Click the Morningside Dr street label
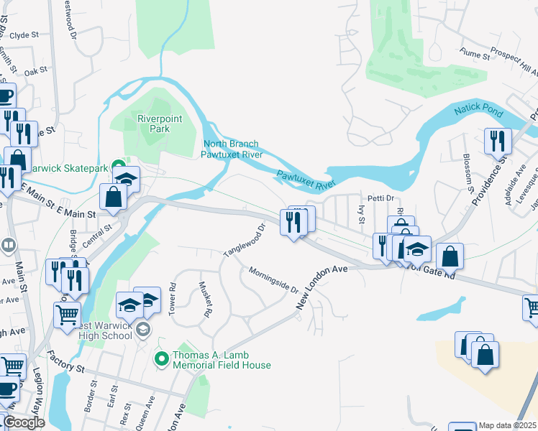(273, 280)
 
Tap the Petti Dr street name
(381, 198)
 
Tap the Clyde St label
(24, 34)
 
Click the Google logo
(24, 422)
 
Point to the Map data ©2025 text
(507, 425)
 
